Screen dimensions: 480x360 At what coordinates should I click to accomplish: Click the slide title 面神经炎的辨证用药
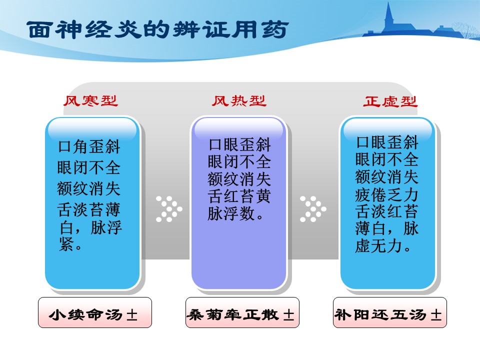point(157,29)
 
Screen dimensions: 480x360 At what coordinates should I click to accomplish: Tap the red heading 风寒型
point(90,100)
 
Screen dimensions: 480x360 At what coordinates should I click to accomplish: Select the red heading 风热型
point(239,100)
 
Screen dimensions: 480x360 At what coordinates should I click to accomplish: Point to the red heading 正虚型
point(390,101)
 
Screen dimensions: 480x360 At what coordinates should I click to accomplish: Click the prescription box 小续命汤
point(95,312)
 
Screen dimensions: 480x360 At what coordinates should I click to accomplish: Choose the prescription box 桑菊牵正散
point(242,312)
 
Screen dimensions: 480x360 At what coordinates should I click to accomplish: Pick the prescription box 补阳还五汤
point(390,312)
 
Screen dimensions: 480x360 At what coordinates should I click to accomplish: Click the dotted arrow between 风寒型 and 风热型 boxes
point(169,209)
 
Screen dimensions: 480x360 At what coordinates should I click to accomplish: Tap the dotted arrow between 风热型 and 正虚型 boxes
point(313,209)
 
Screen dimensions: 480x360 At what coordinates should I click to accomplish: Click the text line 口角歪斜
point(89,146)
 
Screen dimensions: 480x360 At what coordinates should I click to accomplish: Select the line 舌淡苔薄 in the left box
point(89,209)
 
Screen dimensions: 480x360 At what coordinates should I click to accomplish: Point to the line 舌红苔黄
point(239,196)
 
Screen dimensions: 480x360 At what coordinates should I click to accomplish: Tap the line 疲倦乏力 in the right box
point(386,194)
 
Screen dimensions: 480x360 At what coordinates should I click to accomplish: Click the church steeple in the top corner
point(389,16)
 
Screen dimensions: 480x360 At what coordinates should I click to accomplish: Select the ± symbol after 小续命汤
point(132,314)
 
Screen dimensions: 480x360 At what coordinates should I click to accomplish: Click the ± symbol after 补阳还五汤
point(436,314)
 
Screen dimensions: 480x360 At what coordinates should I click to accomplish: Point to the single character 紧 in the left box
point(66,244)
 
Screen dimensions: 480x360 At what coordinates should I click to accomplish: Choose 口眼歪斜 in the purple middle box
point(239,144)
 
